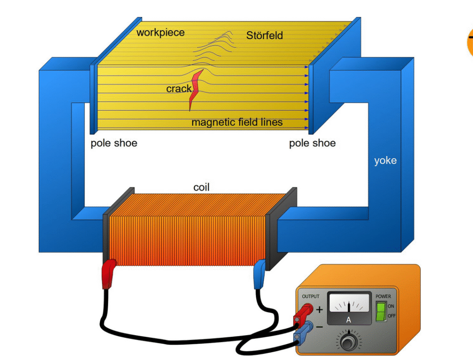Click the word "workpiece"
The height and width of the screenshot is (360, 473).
(x=160, y=33)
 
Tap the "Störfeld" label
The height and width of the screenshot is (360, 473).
(x=264, y=36)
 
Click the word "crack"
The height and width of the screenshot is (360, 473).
(x=179, y=89)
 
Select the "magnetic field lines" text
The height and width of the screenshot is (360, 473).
(x=237, y=122)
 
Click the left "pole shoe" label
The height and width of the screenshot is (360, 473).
(x=114, y=143)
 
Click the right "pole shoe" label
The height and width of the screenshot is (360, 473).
(x=312, y=143)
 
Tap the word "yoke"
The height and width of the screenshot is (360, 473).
(x=385, y=161)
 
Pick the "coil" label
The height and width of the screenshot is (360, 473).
(x=201, y=187)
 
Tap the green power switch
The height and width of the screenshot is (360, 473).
(x=381, y=312)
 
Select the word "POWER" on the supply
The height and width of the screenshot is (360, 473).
(x=383, y=296)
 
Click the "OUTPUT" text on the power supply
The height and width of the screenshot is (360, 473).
(x=310, y=296)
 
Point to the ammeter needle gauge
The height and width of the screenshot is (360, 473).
(x=349, y=304)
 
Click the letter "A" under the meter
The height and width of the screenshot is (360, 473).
(x=349, y=319)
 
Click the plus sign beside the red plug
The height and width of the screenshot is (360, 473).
(x=319, y=310)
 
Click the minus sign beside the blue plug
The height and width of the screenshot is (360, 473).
(x=319, y=327)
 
